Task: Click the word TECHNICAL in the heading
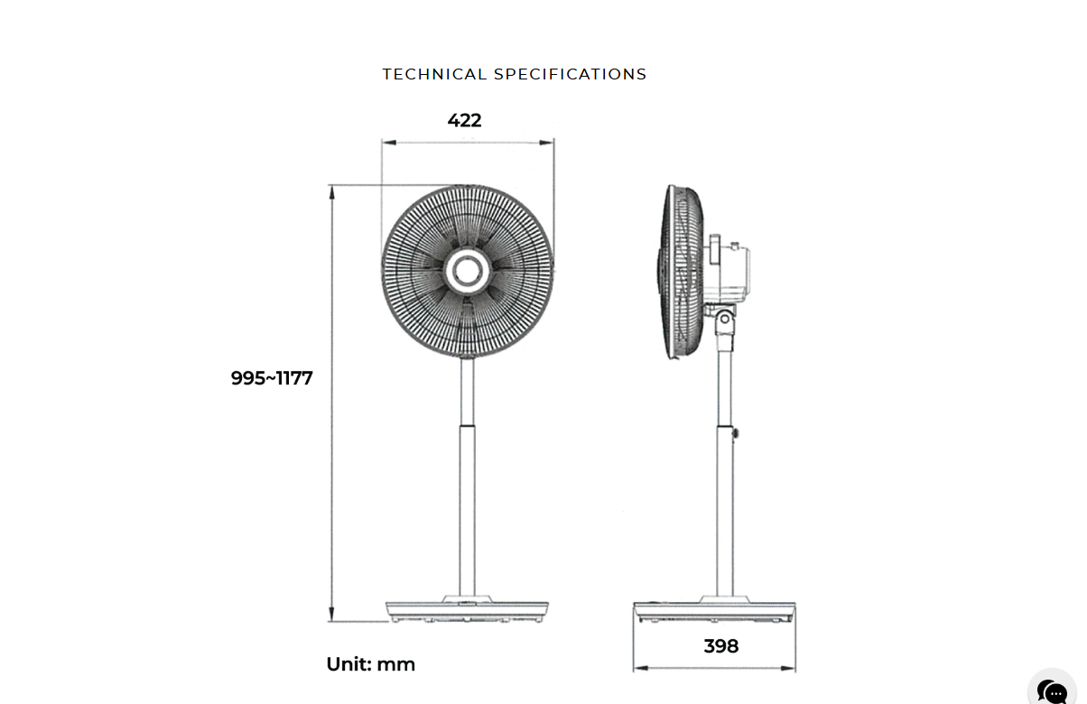pyautogui.click(x=434, y=74)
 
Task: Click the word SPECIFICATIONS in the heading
pyautogui.click(x=571, y=74)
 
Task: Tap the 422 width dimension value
pyautogui.click(x=464, y=120)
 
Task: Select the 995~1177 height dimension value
pyautogui.click(x=272, y=378)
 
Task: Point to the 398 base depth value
pyautogui.click(x=721, y=645)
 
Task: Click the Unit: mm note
pyautogui.click(x=371, y=664)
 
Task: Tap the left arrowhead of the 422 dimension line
pyautogui.click(x=389, y=143)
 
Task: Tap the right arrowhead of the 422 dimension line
pyautogui.click(x=546, y=143)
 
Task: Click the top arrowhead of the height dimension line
pyautogui.click(x=332, y=192)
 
